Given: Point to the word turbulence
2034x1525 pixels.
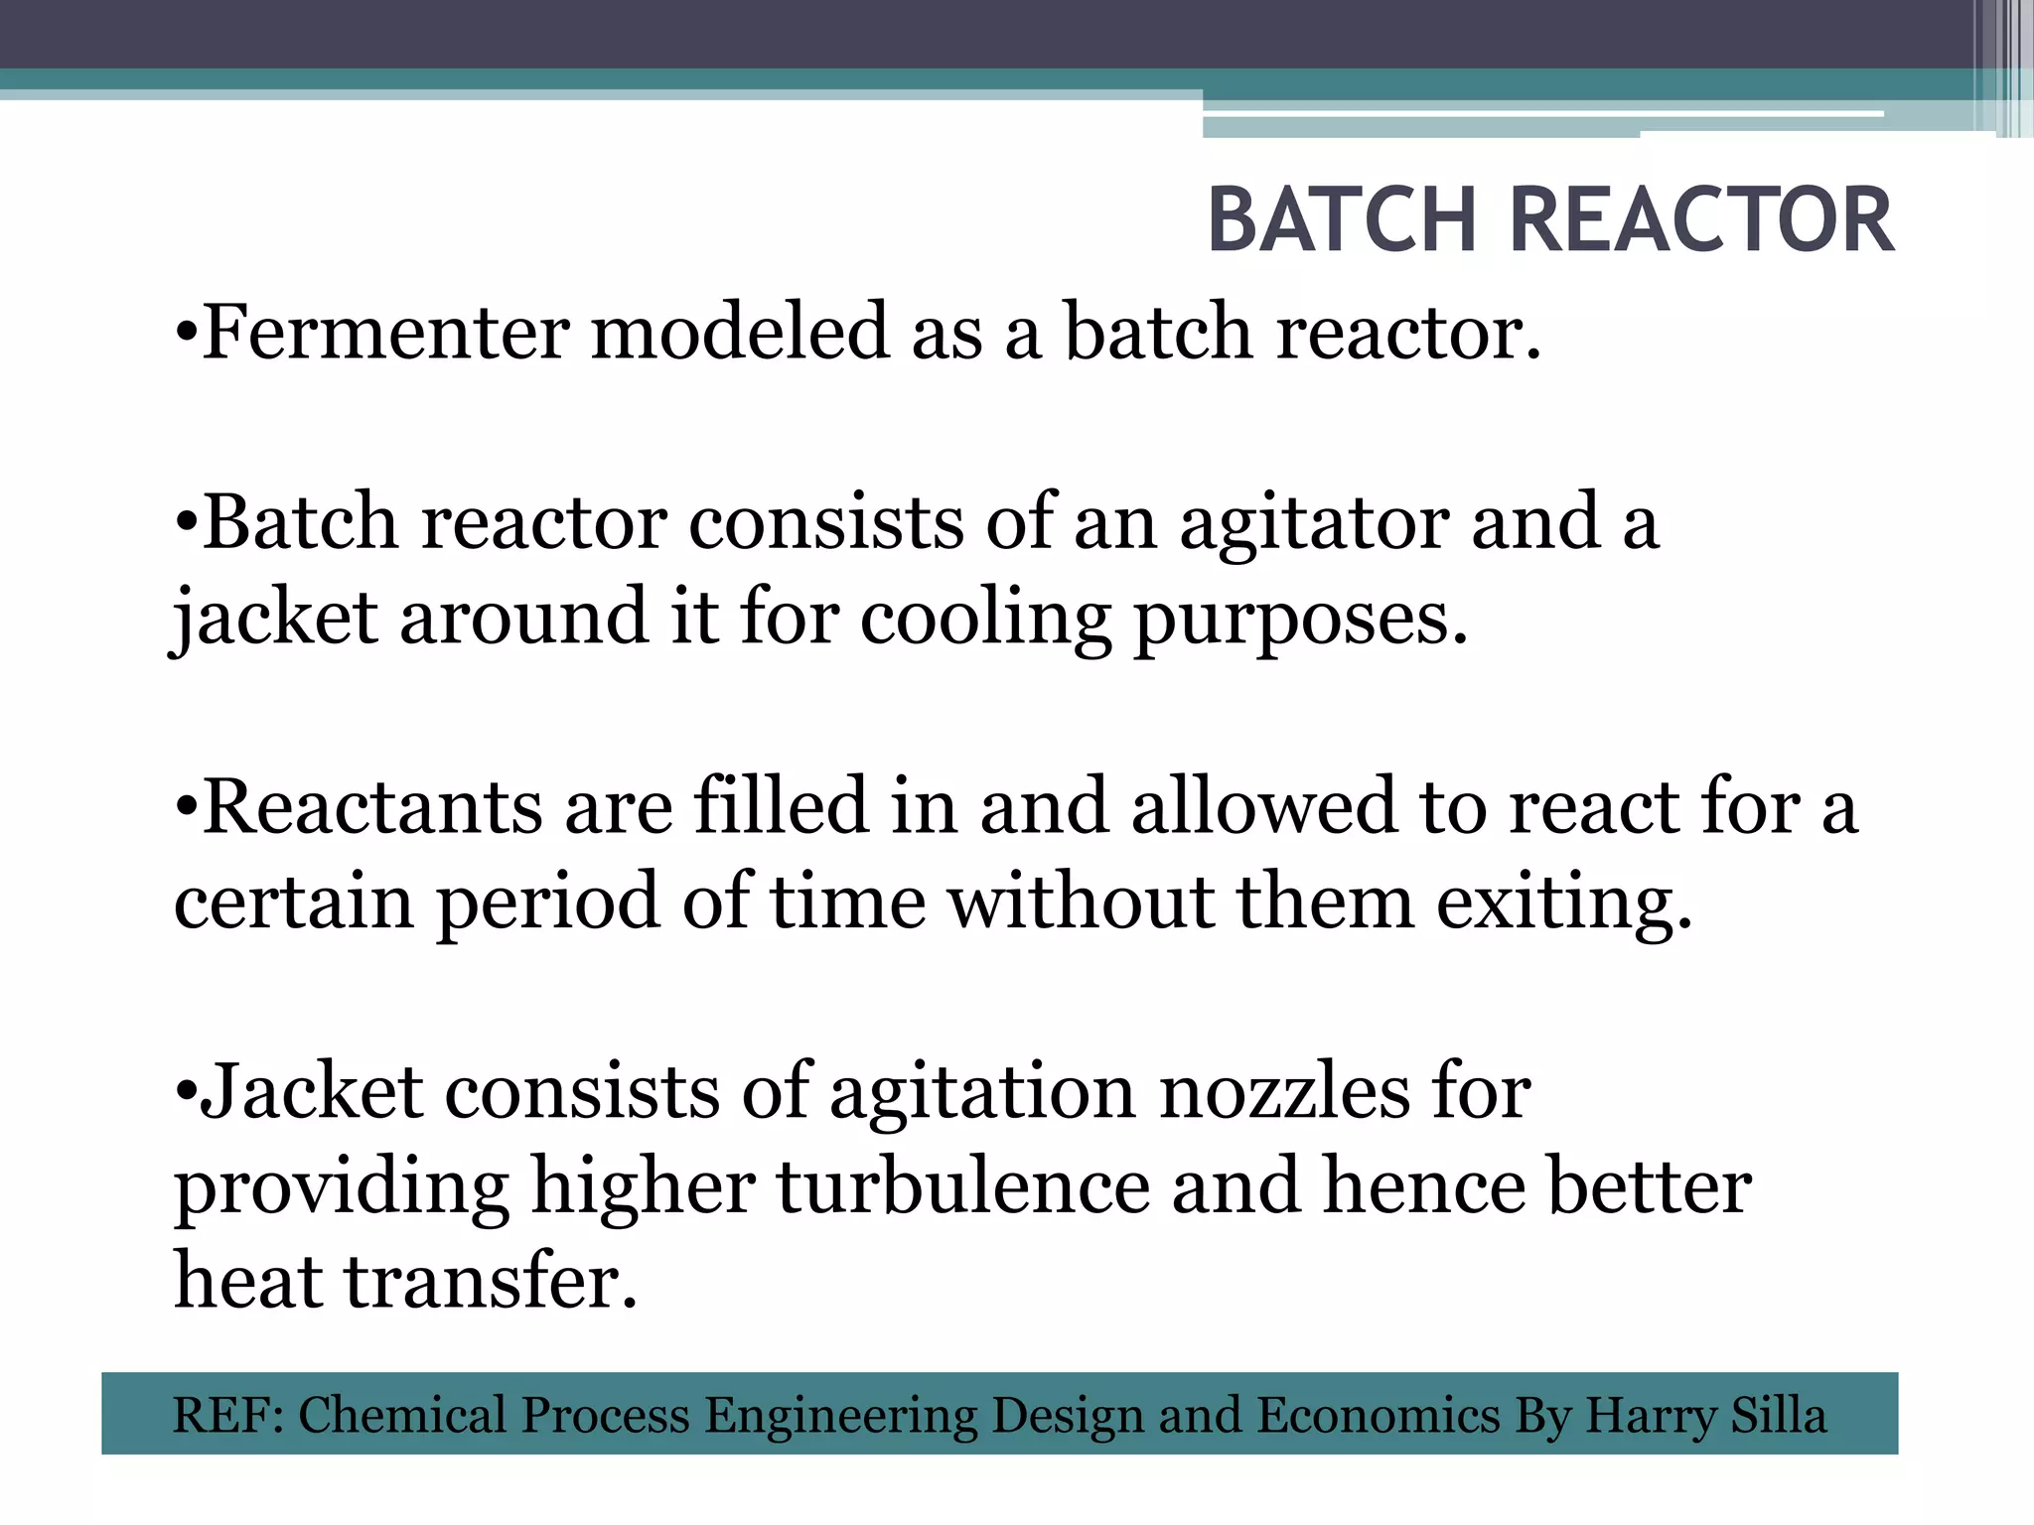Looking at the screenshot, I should (x=962, y=1186).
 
